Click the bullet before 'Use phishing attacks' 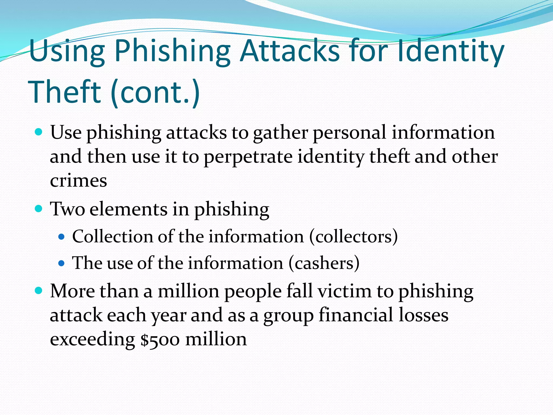(x=39, y=132)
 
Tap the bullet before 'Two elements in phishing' (x=39, y=209)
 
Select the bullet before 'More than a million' (x=39, y=291)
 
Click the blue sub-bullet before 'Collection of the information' (x=62, y=237)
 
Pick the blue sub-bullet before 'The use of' (x=62, y=263)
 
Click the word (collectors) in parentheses (x=353, y=237)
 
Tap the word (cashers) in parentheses (x=324, y=263)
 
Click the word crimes (x=78, y=180)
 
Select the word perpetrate (x=248, y=157)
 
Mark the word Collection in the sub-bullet (x=113, y=237)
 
